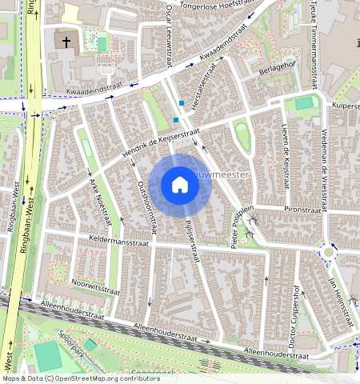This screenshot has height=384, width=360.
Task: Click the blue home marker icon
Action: (x=180, y=186)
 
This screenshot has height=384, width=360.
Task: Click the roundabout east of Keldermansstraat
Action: (x=328, y=253)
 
